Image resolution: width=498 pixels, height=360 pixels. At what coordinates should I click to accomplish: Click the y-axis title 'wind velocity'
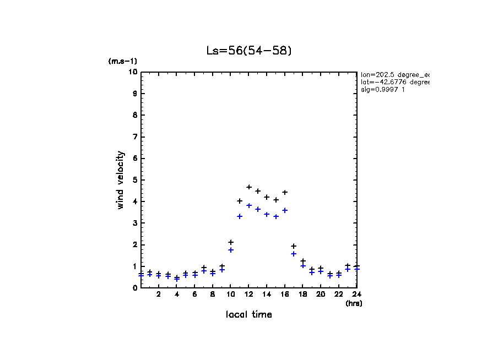(x=121, y=180)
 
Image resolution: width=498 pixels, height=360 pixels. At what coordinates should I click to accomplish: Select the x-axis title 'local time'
(x=248, y=315)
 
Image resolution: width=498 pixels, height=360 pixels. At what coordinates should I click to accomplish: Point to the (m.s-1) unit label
(x=122, y=61)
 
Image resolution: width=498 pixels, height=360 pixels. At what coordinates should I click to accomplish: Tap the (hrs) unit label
(x=354, y=303)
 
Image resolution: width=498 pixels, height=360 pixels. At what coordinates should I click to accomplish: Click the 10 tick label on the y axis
(x=133, y=72)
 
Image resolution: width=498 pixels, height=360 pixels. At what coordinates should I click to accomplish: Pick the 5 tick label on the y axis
(x=134, y=180)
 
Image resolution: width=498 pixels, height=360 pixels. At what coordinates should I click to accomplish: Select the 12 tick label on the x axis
(x=248, y=294)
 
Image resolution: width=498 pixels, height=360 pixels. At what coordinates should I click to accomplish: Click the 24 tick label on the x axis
(x=356, y=294)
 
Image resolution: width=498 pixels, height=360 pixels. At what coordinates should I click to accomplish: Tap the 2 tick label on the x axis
(x=159, y=294)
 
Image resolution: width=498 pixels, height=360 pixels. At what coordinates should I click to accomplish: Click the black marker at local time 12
(x=249, y=187)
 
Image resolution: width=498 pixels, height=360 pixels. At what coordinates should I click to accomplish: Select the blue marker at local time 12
(x=249, y=205)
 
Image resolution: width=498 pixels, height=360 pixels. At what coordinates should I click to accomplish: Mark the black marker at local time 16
(x=285, y=192)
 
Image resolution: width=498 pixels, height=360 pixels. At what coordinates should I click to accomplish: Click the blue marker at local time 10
(x=231, y=250)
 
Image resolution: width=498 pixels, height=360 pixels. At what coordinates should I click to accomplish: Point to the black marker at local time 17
(x=294, y=246)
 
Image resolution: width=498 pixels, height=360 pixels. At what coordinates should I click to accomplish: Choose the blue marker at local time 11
(x=240, y=216)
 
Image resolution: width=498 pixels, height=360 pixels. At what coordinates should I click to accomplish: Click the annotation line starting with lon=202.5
(x=394, y=74)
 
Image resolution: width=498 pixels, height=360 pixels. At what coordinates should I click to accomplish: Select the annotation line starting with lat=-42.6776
(x=394, y=82)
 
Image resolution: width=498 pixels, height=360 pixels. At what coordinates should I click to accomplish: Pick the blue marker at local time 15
(x=276, y=216)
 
